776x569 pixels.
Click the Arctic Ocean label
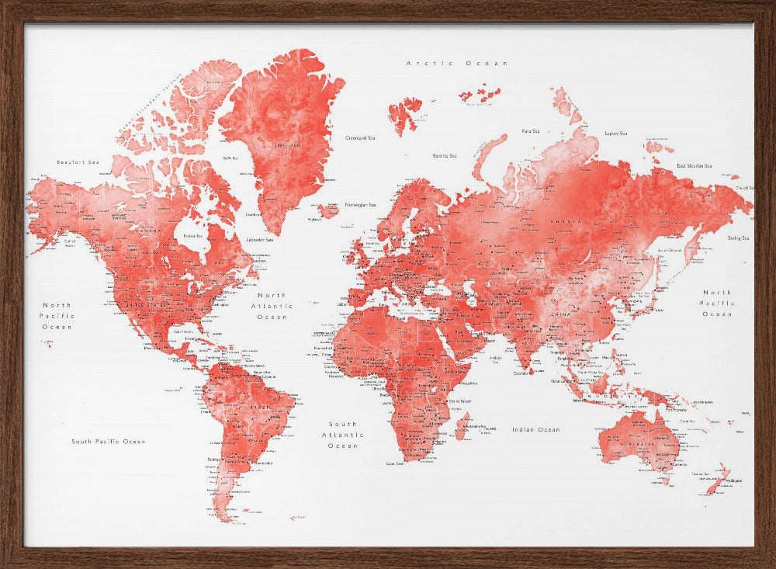click(x=457, y=63)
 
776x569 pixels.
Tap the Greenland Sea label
click(x=360, y=138)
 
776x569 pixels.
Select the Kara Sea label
click(x=531, y=131)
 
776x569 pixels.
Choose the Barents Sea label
click(x=445, y=156)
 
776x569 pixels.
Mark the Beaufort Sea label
click(x=78, y=161)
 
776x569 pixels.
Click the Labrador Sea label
click(x=259, y=240)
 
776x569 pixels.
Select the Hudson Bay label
click(x=193, y=234)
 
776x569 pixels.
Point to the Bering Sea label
click(x=738, y=238)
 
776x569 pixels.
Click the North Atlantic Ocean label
click(x=272, y=306)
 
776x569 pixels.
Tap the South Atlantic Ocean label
click(x=343, y=435)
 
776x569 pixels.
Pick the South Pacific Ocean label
click(x=109, y=442)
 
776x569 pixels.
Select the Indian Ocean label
click(x=535, y=429)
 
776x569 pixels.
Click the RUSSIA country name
click(x=565, y=221)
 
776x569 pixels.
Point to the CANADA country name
click(x=151, y=231)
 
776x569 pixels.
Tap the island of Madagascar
click(x=462, y=426)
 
